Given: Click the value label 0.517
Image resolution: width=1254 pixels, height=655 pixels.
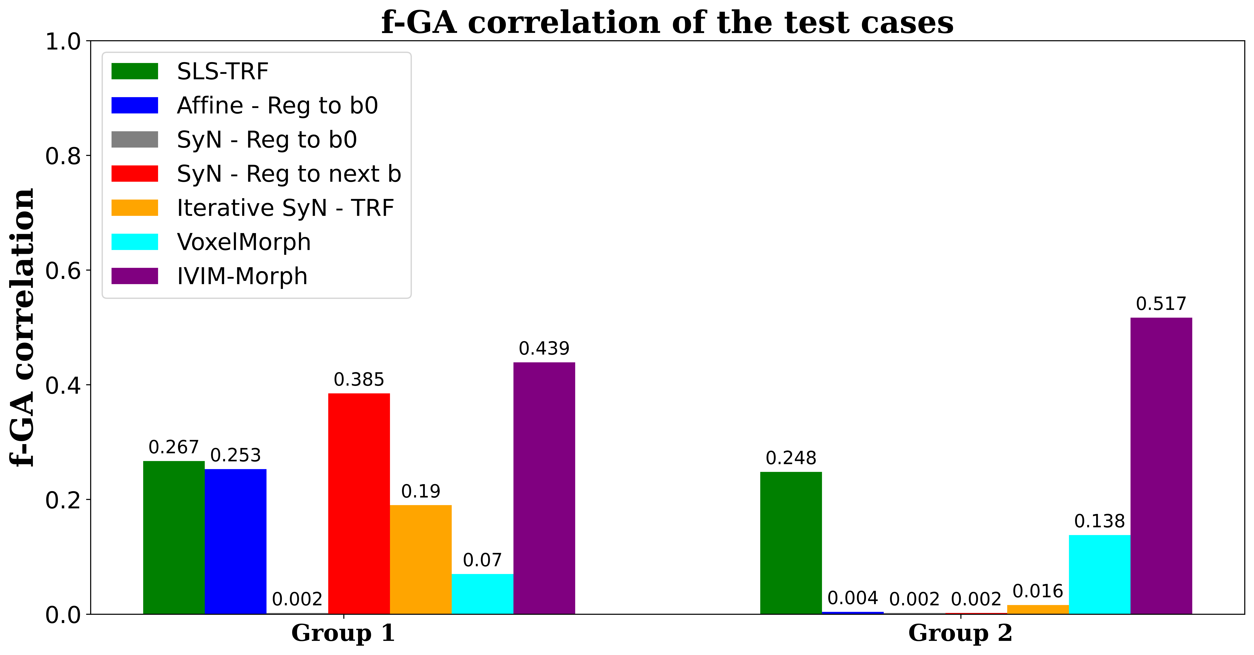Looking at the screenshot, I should [x=1161, y=304].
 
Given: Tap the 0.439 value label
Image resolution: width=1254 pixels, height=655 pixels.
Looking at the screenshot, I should [x=544, y=349].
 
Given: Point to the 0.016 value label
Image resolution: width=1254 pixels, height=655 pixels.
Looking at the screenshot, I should [x=1037, y=591].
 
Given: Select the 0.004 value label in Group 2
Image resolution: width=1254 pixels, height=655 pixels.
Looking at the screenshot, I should [x=852, y=598].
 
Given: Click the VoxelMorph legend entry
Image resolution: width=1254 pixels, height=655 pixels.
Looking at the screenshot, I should [x=243, y=242].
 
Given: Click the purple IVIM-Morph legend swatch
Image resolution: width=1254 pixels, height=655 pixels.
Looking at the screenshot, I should [x=135, y=276].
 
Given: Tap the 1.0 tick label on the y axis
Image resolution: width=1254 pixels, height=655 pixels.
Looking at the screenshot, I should [x=63, y=42].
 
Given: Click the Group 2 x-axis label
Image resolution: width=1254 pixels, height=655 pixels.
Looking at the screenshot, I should [x=960, y=633].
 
